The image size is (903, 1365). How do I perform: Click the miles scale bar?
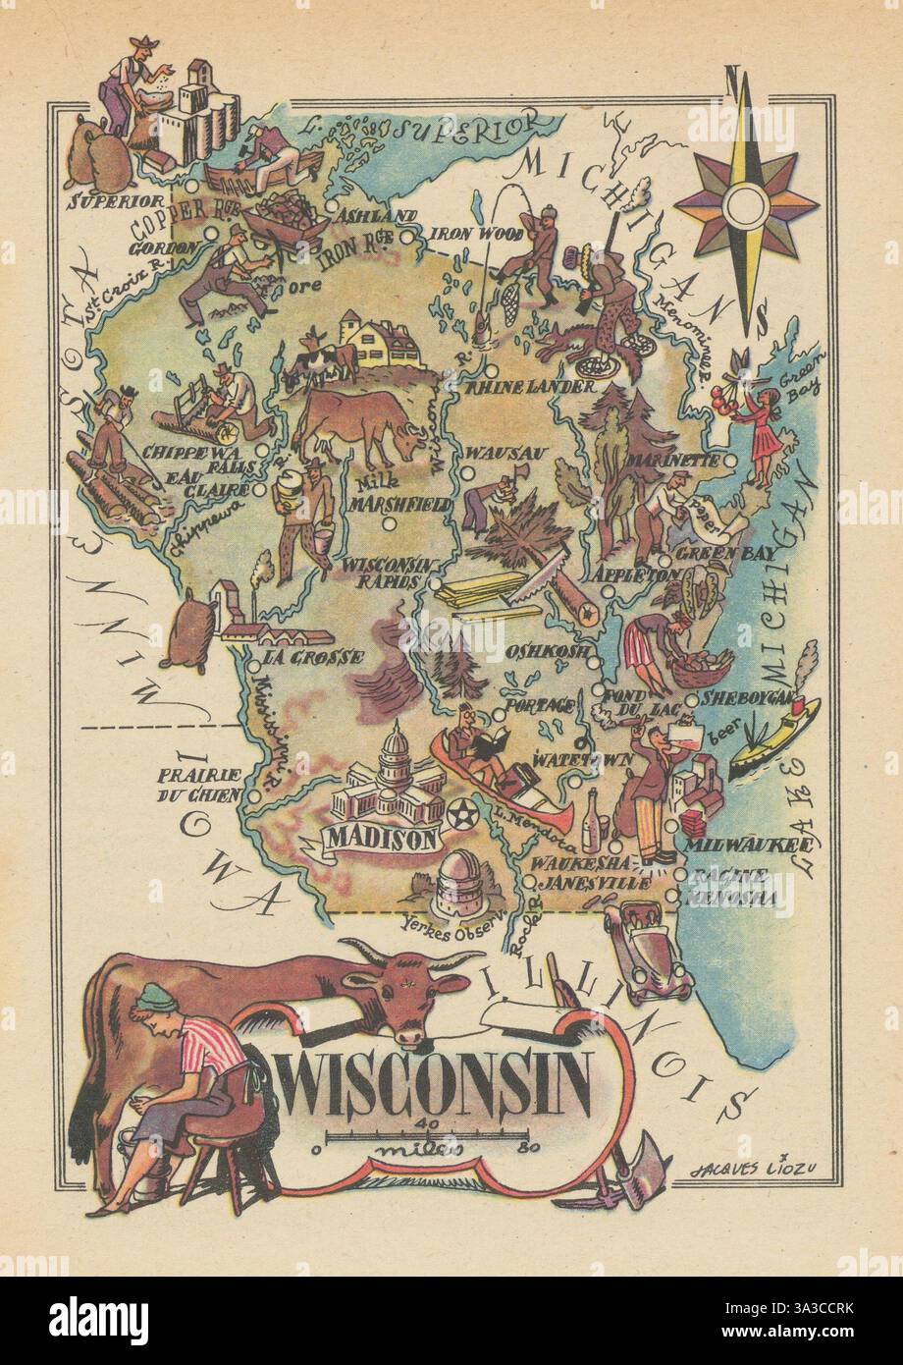click(424, 1138)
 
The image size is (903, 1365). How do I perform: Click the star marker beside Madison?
click(459, 814)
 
